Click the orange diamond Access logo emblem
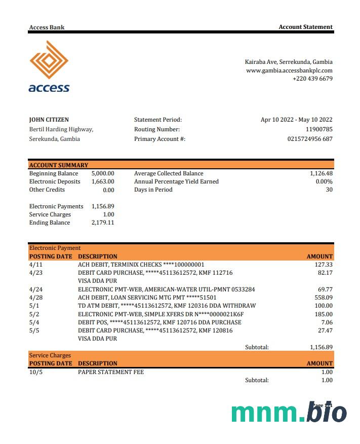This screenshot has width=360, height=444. pyautogui.click(x=49, y=60)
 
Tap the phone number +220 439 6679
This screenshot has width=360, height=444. pyautogui.click(x=312, y=79)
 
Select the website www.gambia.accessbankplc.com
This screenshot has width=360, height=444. pyautogui.click(x=289, y=70)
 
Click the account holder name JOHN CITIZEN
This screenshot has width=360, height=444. pyautogui.click(x=49, y=120)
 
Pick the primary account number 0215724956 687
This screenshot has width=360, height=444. pyautogui.click(x=310, y=139)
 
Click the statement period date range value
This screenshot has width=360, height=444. pyautogui.click(x=296, y=120)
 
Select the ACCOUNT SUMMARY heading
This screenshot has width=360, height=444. pyautogui.click(x=59, y=165)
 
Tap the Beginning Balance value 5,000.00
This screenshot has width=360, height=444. pyautogui.click(x=103, y=173)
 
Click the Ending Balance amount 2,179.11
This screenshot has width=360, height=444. pyautogui.click(x=103, y=223)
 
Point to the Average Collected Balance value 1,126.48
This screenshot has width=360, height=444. pyautogui.click(x=321, y=173)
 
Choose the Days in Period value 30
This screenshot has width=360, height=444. pyautogui.click(x=329, y=190)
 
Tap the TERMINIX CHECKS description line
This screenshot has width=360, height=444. pyautogui.click(x=141, y=265)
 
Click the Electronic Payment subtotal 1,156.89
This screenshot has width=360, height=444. pyautogui.click(x=321, y=347)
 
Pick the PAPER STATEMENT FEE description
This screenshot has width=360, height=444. pyautogui.click(x=111, y=372)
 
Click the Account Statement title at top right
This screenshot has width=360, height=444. pyautogui.click(x=305, y=27)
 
